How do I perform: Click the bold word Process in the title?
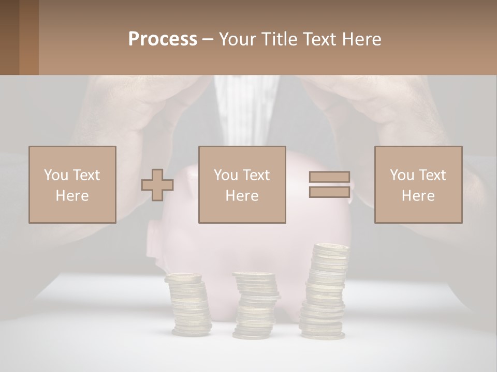coord(163,39)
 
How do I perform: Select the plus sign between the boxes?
coord(157,184)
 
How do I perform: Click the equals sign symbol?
coord(329,184)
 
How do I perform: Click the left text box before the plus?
coord(72,184)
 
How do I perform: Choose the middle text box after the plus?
coord(242,184)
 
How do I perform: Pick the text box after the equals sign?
coord(418,184)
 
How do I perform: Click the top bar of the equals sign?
coord(329,177)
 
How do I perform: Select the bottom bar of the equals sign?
coord(329,192)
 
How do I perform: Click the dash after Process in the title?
coord(208,40)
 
